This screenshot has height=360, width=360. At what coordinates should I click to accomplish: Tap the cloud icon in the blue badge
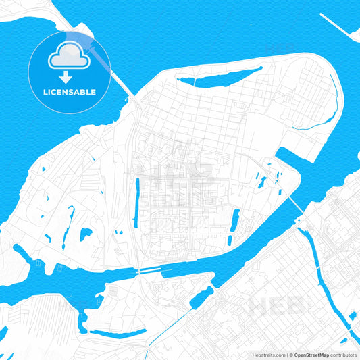click(70, 57)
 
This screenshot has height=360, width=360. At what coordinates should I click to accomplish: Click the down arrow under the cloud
click(70, 76)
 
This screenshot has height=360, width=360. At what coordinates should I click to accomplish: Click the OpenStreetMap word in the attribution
click(312, 354)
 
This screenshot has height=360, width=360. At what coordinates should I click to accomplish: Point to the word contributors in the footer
click(344, 354)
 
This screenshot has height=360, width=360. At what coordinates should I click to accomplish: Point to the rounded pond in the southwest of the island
click(86, 234)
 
